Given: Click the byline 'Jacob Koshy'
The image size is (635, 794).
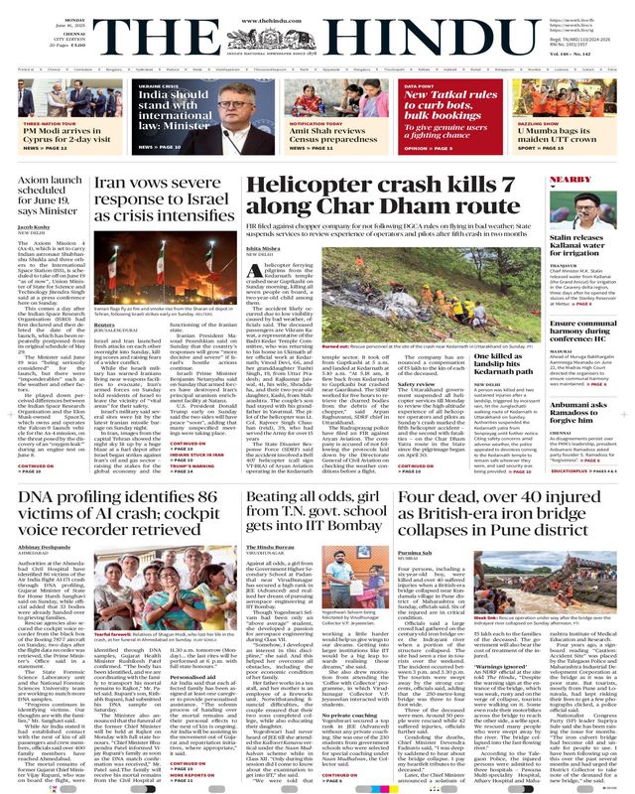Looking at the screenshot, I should (35, 227).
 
